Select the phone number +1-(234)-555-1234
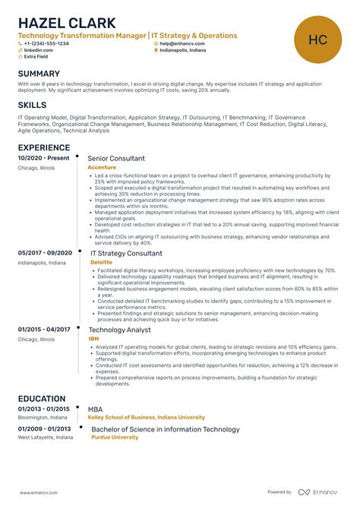click(46, 43)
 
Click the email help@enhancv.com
click(185, 43)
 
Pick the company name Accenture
click(102, 167)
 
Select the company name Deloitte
click(101, 262)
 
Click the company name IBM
click(93, 339)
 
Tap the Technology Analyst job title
click(120, 330)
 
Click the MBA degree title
click(96, 409)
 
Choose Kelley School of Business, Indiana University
click(145, 418)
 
